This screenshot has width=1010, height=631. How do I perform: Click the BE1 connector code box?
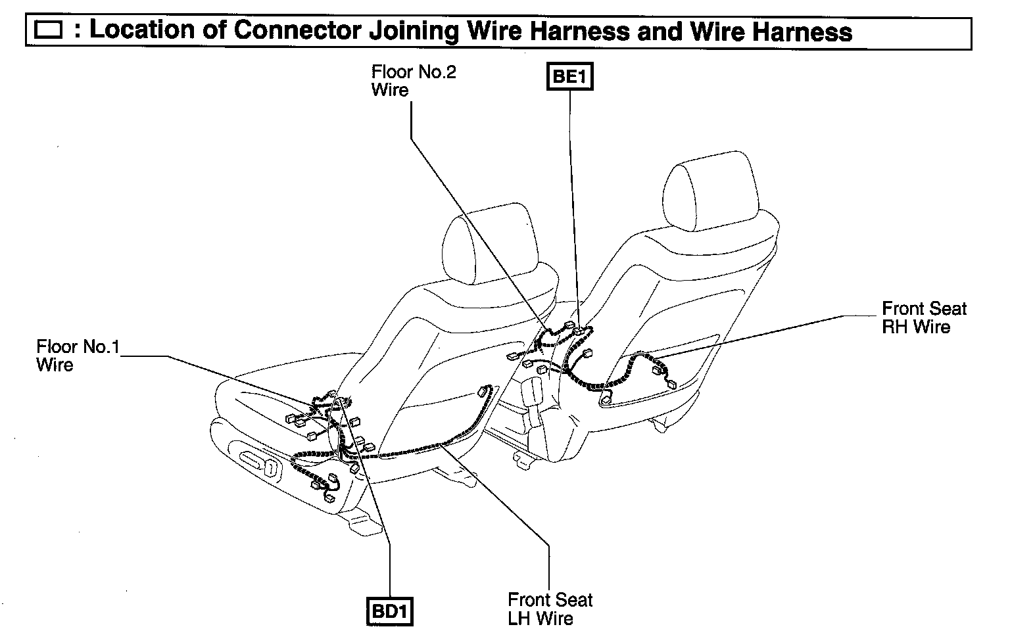[569, 76]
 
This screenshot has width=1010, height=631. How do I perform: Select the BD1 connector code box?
[391, 611]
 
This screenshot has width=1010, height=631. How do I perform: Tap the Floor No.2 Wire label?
[413, 81]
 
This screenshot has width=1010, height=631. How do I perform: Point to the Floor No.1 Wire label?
[78, 356]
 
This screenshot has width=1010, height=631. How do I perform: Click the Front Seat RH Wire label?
[924, 317]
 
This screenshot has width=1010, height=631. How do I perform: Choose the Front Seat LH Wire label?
[550, 609]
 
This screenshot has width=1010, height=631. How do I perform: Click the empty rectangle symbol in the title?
[49, 32]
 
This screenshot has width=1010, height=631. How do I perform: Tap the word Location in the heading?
[142, 31]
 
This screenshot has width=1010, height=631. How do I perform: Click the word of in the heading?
[213, 31]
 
